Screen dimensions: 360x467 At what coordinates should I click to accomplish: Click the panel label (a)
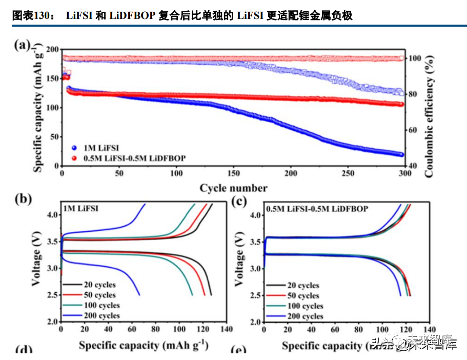23,45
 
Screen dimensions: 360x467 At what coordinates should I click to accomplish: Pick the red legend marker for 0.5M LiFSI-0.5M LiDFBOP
74,158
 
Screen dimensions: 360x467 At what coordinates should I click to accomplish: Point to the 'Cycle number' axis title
233,188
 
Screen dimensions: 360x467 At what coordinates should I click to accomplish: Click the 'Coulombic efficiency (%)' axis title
429,111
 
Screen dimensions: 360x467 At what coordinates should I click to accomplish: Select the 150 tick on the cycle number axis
233,174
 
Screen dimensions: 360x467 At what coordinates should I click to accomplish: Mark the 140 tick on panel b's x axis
227,329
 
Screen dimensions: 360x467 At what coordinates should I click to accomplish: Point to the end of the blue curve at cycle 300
401,154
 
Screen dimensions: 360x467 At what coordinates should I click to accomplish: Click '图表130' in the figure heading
30,16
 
